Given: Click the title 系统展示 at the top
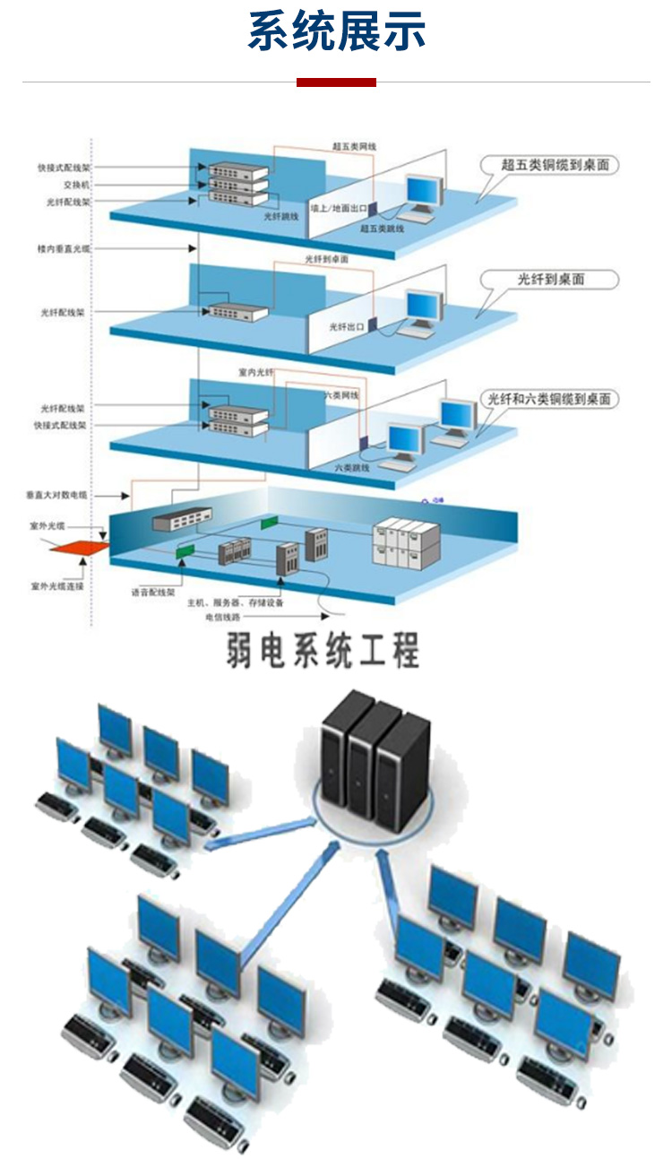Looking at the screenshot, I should click(x=336, y=32).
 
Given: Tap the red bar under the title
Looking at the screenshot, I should click(x=336, y=82).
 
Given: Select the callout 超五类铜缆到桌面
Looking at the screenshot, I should click(x=561, y=165).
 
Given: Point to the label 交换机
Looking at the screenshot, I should click(x=77, y=185).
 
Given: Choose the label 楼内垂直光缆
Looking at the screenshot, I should click(x=64, y=247).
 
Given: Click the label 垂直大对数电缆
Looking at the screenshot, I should click(x=58, y=494).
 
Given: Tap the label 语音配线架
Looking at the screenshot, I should click(x=153, y=592).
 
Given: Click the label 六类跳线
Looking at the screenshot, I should click(x=352, y=467).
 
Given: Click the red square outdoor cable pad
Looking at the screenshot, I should click(x=79, y=545).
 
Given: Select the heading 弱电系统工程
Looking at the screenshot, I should click(x=323, y=652).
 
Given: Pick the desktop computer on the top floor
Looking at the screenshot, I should click(x=421, y=197).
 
